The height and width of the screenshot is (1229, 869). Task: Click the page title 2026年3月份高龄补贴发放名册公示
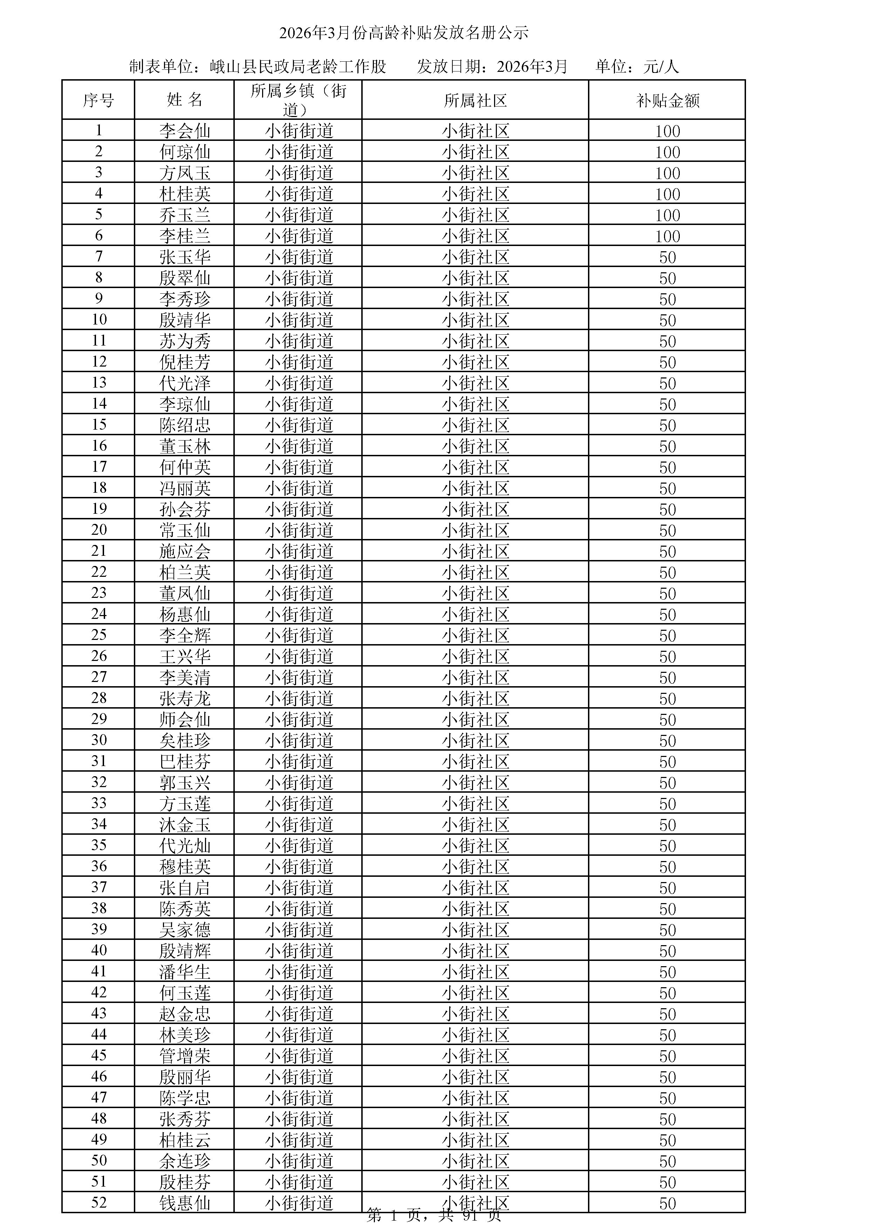pyautogui.click(x=404, y=33)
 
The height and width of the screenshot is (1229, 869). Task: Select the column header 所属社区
pyautogui.click(x=475, y=101)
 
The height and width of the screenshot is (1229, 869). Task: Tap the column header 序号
pyautogui.click(x=98, y=101)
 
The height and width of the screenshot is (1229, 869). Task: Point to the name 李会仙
pyautogui.click(x=185, y=131)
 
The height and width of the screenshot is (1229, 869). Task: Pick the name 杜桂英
pyautogui.click(x=185, y=194)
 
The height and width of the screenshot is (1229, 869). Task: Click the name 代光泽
pyautogui.click(x=185, y=383)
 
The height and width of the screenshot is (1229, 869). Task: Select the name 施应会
pyautogui.click(x=185, y=551)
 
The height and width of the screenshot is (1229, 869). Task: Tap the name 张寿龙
pyautogui.click(x=185, y=698)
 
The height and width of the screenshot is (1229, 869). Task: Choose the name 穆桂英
pyautogui.click(x=185, y=867)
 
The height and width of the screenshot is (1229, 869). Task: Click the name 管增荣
pyautogui.click(x=185, y=1056)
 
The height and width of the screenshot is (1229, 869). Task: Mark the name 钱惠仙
pyautogui.click(x=185, y=1203)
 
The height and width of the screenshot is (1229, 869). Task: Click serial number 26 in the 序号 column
pyautogui.click(x=99, y=656)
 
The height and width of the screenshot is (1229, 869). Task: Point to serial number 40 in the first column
pyautogui.click(x=99, y=951)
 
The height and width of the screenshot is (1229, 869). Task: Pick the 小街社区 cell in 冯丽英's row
pyautogui.click(x=475, y=488)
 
